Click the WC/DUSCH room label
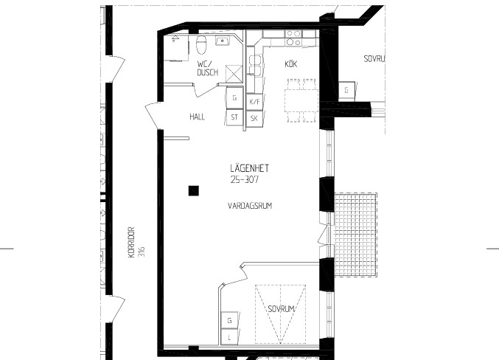point(208,69)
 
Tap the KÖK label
point(291,64)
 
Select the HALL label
point(198,117)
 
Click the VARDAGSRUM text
point(250,206)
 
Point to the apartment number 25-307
point(245,180)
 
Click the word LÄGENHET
point(249,168)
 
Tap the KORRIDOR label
point(131,242)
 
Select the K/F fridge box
point(254,103)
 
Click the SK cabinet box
point(254,119)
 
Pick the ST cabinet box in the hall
point(234,117)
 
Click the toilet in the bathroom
point(200,45)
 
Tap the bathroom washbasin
point(223,41)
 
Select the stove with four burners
point(293,38)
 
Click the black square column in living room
point(194,190)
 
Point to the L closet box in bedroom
point(229,337)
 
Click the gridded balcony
point(356,235)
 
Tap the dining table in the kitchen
point(301,100)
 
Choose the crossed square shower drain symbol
point(234,74)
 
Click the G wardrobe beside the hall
point(234,98)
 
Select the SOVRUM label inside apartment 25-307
point(282,309)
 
